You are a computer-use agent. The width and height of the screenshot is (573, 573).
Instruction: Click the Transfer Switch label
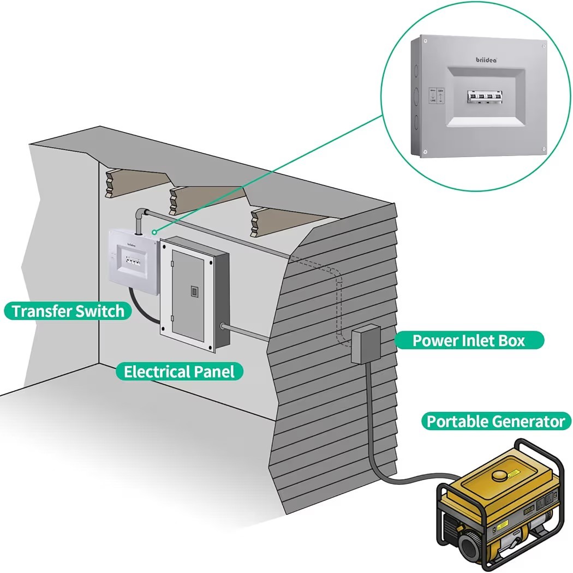[68, 311]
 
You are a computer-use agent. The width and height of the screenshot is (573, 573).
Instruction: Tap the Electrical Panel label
[179, 372]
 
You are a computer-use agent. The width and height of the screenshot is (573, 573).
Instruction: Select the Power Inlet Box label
[468, 341]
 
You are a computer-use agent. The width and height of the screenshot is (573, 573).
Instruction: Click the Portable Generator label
[495, 421]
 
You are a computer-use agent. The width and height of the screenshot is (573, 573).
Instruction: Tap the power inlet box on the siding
[365, 344]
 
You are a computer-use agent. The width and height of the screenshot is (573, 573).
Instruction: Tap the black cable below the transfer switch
[140, 309]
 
